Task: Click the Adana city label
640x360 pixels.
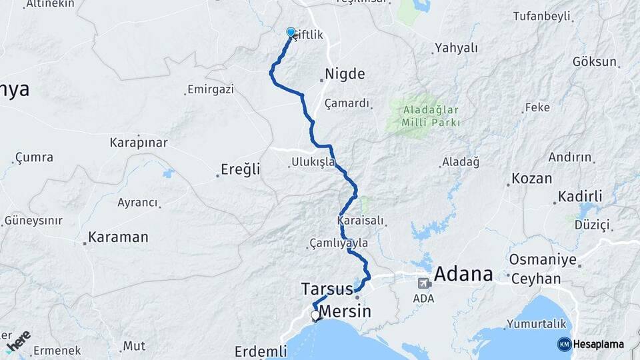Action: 463,274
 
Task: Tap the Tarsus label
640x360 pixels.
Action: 327,289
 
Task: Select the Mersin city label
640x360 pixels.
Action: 345,312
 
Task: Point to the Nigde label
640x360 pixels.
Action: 345,74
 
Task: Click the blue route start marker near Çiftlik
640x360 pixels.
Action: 291,32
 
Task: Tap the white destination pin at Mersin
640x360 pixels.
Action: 315,315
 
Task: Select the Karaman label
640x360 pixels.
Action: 118,237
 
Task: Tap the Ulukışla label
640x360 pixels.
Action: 313,163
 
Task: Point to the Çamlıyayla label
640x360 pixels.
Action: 339,243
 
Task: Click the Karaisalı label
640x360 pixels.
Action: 362,220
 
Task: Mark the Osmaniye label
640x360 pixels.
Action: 541,259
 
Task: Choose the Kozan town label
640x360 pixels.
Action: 531,179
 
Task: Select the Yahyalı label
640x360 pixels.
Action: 456,48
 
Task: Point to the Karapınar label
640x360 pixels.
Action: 139,143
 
